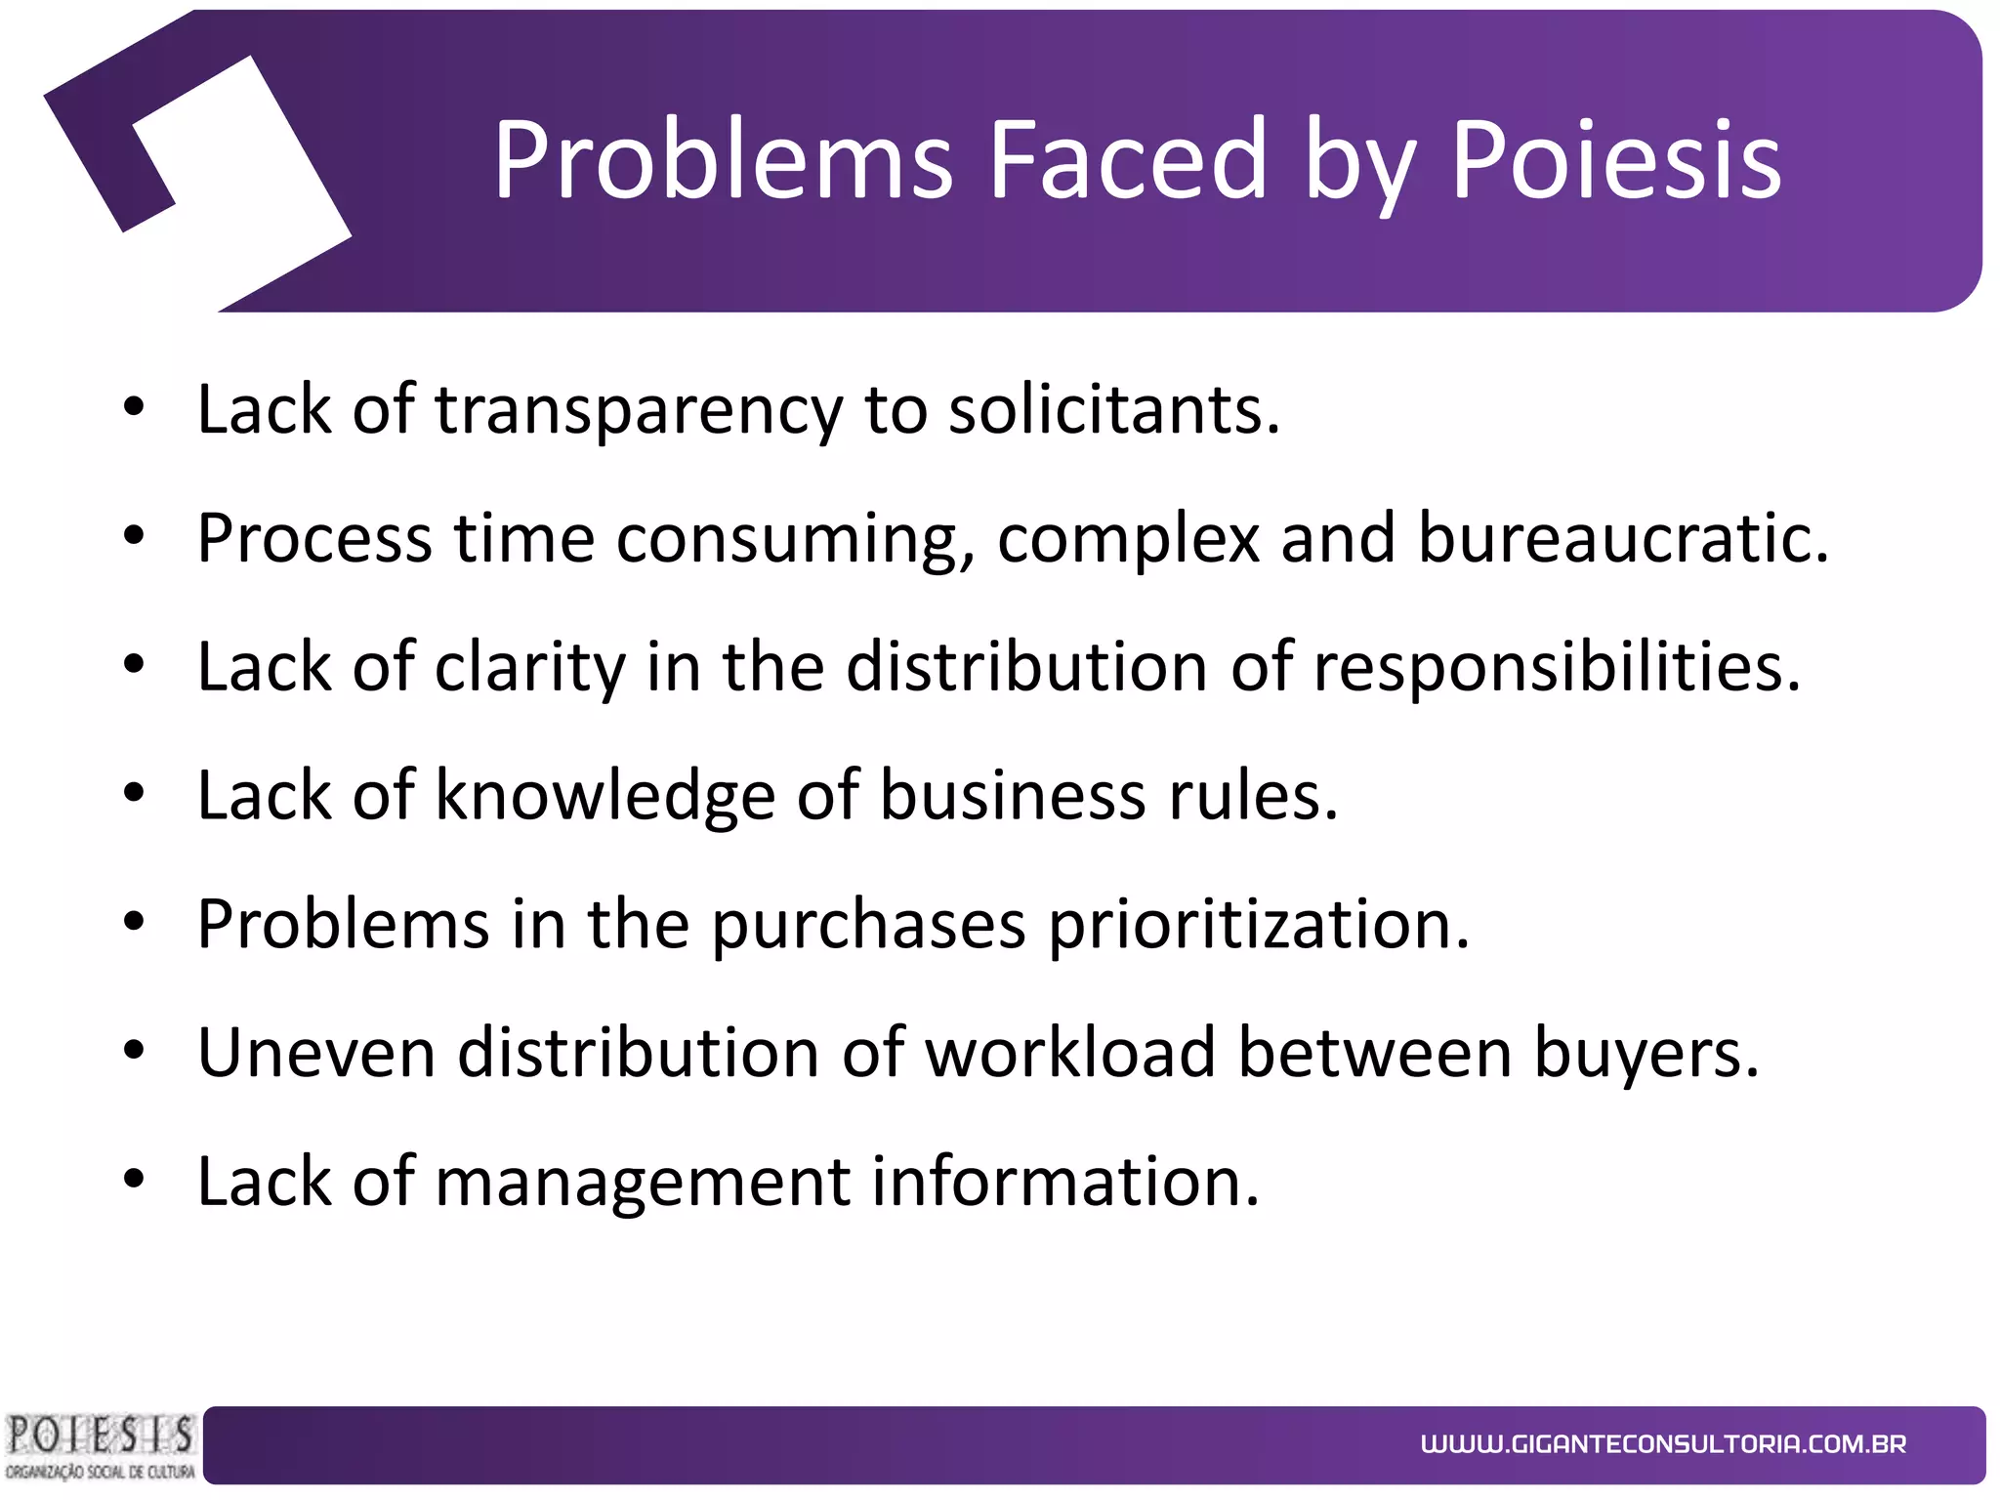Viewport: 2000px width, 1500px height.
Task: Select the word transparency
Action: pyautogui.click(x=638, y=410)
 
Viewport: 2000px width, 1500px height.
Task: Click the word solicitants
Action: pyautogui.click(x=1113, y=410)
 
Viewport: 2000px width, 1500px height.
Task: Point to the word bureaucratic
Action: pyautogui.click(x=1622, y=538)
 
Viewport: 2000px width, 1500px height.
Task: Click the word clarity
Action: pyautogui.click(x=528, y=668)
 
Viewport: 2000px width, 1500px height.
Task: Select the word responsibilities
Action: pyautogui.click(x=1556, y=668)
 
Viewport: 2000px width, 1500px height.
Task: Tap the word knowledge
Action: pyautogui.click(x=604, y=796)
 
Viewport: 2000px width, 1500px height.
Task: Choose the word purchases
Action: pyautogui.click(x=868, y=925)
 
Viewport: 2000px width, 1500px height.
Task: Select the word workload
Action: pyautogui.click(x=1070, y=1053)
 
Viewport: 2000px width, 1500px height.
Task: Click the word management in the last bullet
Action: pyautogui.click(x=642, y=1183)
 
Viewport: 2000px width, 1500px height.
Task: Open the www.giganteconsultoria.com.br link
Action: pyautogui.click(x=1663, y=1444)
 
